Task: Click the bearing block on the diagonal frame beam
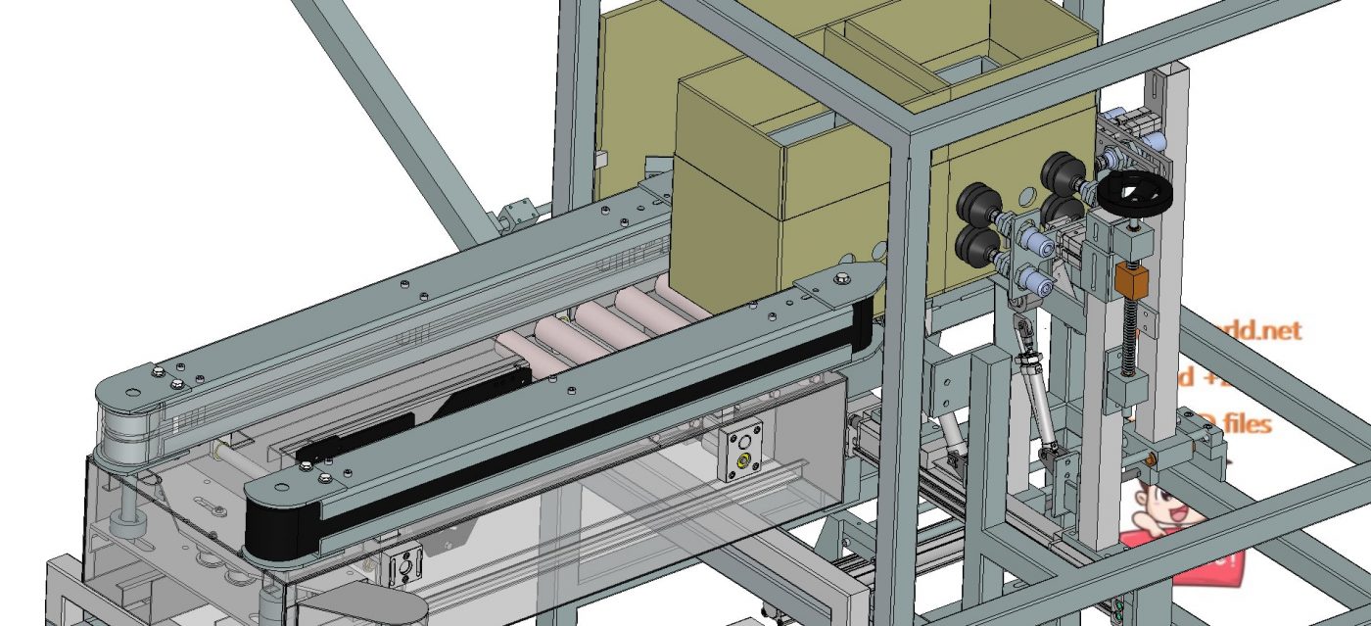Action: click(x=516, y=213)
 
